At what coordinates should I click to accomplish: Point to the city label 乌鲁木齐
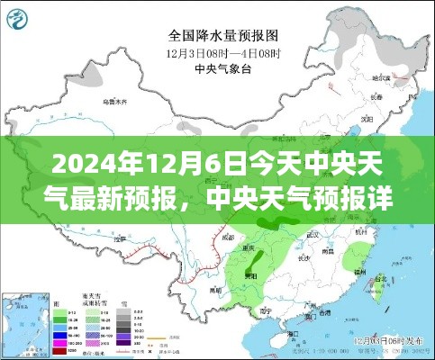tap(113, 102)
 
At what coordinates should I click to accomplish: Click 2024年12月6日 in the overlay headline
tap(94, 166)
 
